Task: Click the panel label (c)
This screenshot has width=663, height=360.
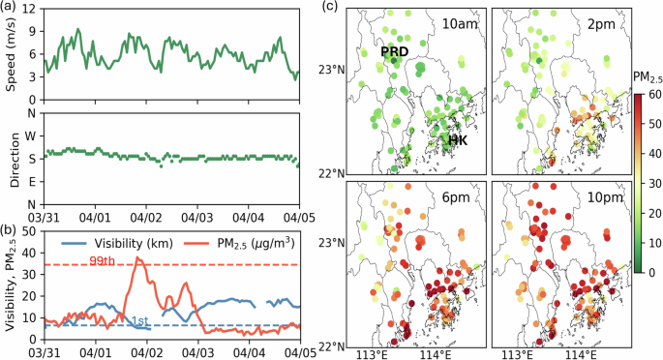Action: tap(330, 8)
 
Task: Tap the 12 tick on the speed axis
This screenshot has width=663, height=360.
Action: tap(31, 9)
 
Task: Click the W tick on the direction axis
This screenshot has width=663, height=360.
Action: tap(31, 135)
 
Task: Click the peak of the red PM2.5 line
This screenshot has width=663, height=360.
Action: tap(138, 258)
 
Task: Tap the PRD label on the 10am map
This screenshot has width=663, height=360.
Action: tap(393, 51)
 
